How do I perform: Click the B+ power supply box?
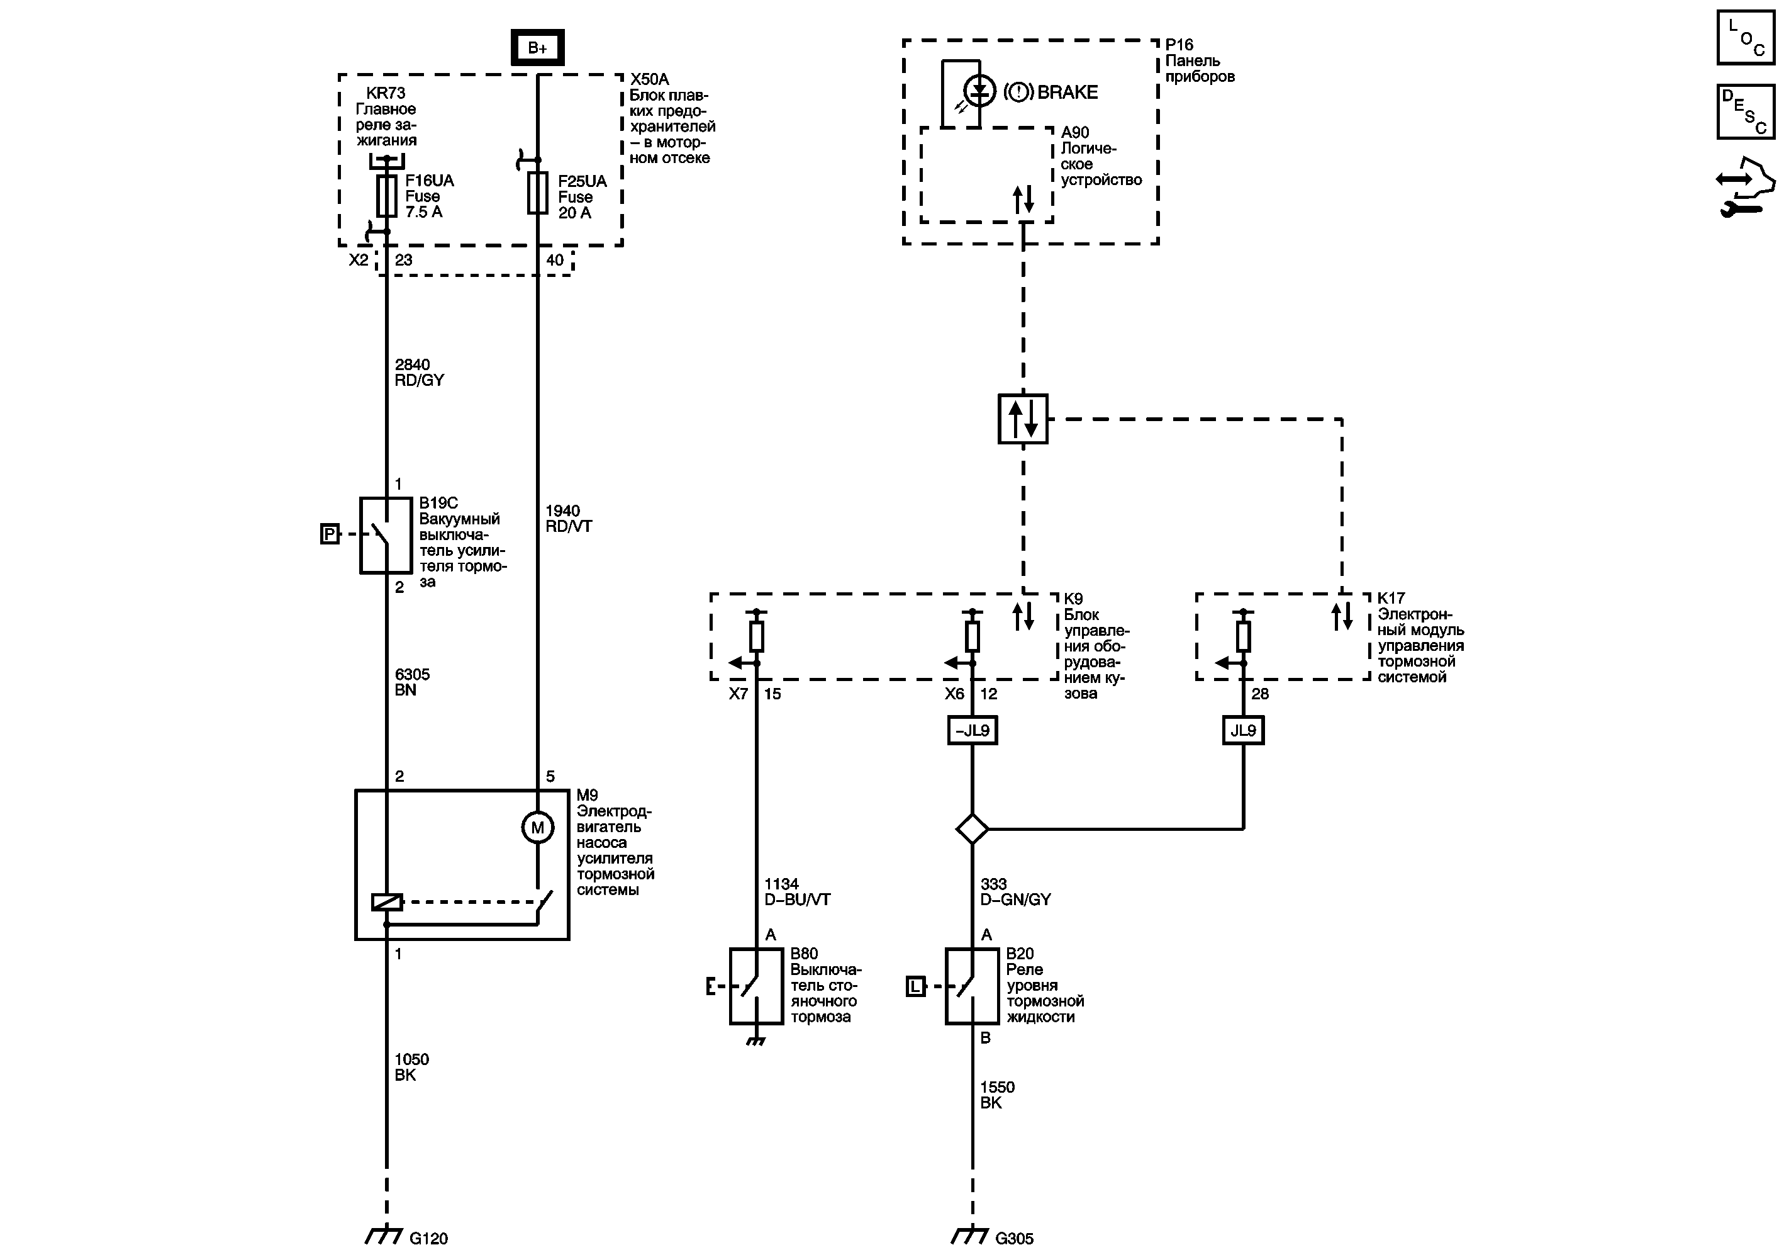coord(537,47)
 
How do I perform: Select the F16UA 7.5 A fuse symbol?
coord(386,196)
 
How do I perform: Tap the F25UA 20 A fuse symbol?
coord(537,193)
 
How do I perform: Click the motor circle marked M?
coord(537,827)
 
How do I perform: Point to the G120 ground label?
coord(428,1238)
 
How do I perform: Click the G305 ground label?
coord(1014,1238)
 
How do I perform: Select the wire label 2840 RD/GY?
coord(419,373)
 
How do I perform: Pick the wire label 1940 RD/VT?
coord(568,519)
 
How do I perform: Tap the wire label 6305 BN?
coord(412,682)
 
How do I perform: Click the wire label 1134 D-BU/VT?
coord(796,892)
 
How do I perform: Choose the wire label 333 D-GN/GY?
coord(1015,892)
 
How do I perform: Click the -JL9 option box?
coord(972,731)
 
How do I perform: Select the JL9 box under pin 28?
coord(1242,731)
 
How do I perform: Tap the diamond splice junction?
coord(972,829)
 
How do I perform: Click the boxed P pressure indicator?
coord(330,534)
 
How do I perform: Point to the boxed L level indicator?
coord(916,986)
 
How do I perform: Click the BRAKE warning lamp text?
coord(1067,93)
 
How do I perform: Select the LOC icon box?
coord(1745,37)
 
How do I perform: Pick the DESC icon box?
coord(1745,112)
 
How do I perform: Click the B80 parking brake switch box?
coord(755,986)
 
